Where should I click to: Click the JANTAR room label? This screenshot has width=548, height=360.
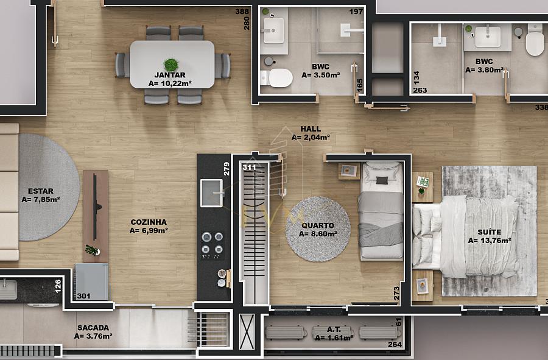170,75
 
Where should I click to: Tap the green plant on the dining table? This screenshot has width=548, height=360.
171,65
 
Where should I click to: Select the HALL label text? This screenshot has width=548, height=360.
311,129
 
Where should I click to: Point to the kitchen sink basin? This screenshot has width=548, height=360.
211,193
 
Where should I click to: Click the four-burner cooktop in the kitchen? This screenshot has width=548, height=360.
212,243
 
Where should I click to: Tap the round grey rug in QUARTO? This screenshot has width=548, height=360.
318,229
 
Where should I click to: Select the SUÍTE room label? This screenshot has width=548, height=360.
490,232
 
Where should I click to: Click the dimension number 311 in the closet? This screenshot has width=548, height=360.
249,168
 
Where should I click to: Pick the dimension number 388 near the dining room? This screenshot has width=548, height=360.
242,12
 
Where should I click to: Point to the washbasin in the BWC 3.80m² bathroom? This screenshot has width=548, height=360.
488,37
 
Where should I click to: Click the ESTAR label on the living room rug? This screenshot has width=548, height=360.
41,191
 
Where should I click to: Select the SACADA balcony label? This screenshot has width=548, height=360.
93,328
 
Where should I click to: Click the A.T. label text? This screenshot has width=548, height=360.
334,330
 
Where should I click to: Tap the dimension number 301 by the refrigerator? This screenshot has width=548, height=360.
84,296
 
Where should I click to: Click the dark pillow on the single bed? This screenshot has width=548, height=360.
382,180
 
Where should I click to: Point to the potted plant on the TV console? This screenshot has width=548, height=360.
93,250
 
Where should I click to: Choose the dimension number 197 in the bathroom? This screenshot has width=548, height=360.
356,12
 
